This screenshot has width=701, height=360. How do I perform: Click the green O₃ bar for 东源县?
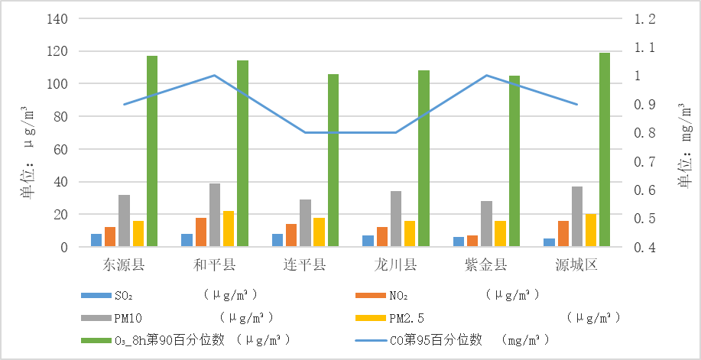click(x=152, y=151)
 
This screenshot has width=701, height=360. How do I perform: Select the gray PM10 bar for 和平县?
click(x=215, y=215)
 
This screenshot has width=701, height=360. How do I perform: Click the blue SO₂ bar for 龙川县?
click(x=368, y=241)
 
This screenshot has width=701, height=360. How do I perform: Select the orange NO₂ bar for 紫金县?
click(x=472, y=241)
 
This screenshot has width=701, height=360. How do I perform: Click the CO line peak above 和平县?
click(x=214, y=76)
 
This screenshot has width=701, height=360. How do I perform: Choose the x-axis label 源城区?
click(x=576, y=265)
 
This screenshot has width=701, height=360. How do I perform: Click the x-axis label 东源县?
click(x=124, y=265)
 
